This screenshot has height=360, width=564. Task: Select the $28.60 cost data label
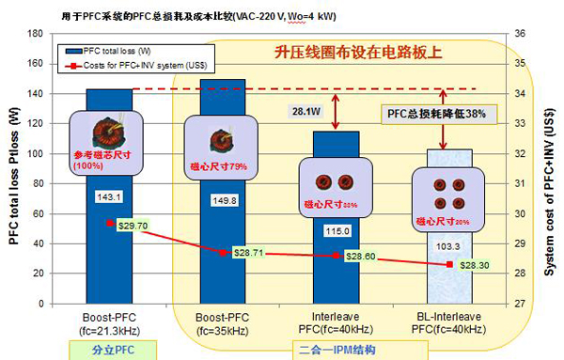click(x=362, y=256)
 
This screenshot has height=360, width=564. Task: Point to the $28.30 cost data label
click(x=474, y=266)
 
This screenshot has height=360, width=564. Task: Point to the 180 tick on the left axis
click(x=37, y=34)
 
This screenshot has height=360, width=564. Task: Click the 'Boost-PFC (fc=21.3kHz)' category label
click(x=110, y=325)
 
